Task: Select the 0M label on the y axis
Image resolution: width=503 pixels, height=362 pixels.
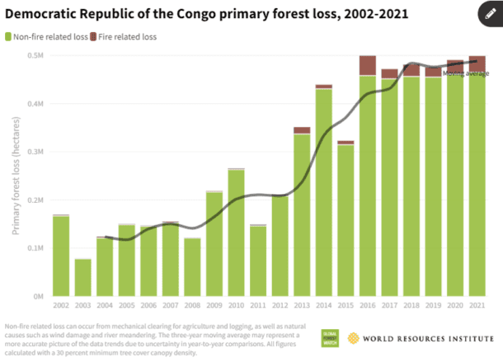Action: click(x=38, y=296)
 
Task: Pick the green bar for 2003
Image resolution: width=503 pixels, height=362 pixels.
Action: click(x=82, y=278)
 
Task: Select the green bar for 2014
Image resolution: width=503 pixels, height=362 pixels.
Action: click(x=323, y=191)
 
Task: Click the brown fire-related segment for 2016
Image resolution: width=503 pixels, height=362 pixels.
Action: click(x=368, y=65)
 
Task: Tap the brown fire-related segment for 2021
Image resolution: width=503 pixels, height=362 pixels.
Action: click(x=477, y=65)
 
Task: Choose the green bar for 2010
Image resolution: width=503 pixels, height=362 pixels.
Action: click(x=236, y=233)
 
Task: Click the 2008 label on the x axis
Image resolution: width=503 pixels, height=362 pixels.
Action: click(x=192, y=306)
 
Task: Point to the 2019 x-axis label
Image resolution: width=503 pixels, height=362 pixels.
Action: click(x=433, y=306)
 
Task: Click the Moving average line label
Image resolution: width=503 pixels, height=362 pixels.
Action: click(x=466, y=73)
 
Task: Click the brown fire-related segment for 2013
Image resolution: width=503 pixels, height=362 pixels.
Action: click(x=302, y=130)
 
